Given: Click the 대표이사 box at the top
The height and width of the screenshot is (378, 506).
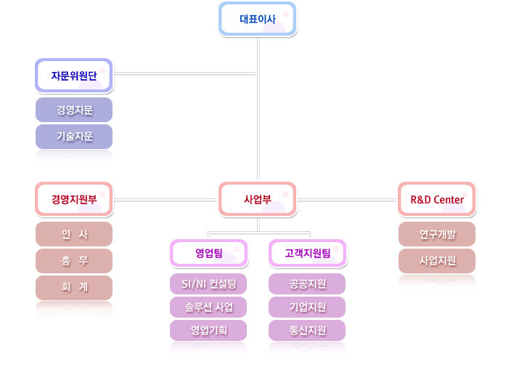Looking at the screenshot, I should (258, 19).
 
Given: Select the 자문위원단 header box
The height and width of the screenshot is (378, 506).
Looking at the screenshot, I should (74, 75).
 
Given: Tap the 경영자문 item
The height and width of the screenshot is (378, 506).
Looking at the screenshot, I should (74, 110).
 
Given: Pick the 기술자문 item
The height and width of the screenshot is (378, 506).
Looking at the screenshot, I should (74, 136).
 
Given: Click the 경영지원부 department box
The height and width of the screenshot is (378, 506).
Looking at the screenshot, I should (74, 199).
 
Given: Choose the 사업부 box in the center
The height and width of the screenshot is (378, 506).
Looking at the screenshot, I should (258, 199).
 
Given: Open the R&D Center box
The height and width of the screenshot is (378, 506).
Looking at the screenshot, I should (437, 199).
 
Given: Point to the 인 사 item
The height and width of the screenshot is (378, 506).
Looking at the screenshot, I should (74, 234).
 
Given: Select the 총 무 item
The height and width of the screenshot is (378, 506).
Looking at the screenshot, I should (74, 260).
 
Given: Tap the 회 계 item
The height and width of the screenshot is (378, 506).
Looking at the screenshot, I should (74, 287).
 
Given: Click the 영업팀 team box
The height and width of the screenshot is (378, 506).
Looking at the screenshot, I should (208, 253).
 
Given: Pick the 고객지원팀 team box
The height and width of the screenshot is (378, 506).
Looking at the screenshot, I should (307, 253).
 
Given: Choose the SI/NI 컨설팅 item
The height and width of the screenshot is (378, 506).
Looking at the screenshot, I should (208, 283).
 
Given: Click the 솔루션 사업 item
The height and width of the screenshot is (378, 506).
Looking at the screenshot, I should (208, 307).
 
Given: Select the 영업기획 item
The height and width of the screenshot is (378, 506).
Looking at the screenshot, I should (208, 331).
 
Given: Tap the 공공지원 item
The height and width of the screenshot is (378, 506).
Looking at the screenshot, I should (307, 283).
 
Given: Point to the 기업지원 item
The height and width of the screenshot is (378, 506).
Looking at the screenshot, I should (307, 307).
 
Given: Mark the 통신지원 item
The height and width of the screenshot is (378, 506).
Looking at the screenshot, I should (307, 331).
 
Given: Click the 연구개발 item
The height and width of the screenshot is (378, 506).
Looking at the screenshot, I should (437, 234).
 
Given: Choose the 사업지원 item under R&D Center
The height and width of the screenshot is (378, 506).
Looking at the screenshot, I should (437, 260).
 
